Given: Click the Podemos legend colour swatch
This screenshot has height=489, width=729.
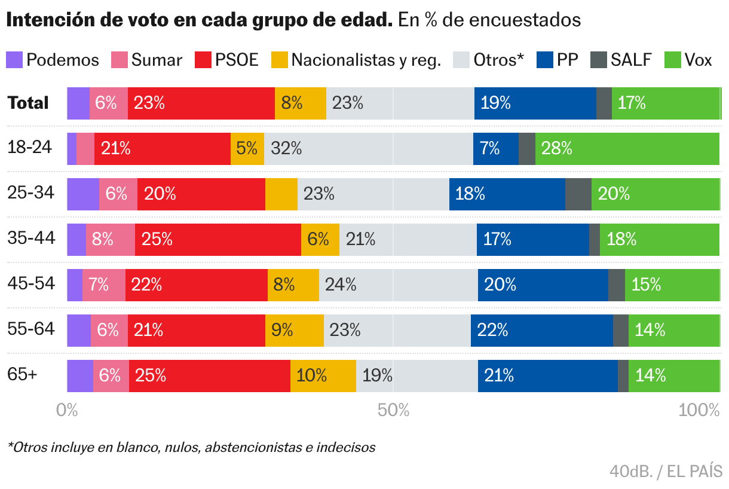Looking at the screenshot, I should coord(14,60).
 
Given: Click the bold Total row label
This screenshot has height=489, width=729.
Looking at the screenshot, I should coord(28,103).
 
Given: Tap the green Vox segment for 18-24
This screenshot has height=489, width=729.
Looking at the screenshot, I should coord(627,149).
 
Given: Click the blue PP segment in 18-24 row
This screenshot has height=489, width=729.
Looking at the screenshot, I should coord(495,149).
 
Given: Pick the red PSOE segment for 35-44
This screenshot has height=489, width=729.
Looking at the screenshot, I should coord(218,240).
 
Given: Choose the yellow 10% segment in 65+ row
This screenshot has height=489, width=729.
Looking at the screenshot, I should coord(323,376).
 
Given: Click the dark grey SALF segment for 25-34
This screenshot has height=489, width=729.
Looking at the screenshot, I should coord(578,194).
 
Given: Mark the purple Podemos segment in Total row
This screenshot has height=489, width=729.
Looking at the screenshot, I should coord(78,103).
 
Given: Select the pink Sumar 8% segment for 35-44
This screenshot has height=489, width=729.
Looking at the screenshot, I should coord(110,240).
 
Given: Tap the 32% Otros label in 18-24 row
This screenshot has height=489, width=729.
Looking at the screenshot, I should coord(286,149).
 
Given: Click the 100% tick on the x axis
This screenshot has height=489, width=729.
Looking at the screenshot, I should coord(700,410).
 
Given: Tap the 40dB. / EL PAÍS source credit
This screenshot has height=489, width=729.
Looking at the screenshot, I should coord(666,471).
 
